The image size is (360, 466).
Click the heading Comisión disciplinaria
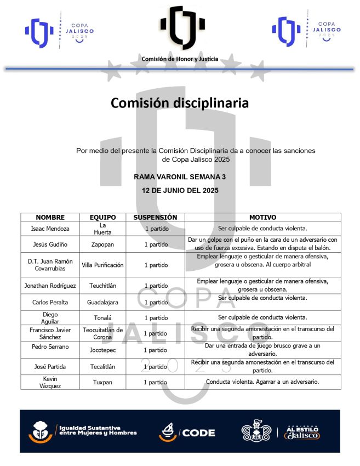coord(180,103)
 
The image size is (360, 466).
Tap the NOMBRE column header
coord(50,217)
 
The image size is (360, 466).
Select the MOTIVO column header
coord(262,217)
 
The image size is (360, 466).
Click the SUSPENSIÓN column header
coord(155,217)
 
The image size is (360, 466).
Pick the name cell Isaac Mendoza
coord(50,229)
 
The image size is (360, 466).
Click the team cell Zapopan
coord(102,244)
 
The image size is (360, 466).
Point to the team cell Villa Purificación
coord(102,265)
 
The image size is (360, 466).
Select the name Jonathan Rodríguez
coord(50,286)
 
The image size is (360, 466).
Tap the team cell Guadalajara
coord(102,302)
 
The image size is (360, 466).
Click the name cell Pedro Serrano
coord(50,346)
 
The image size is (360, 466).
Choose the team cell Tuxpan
coord(102,382)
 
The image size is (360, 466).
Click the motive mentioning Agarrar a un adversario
coord(262,382)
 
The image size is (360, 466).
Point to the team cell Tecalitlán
coord(102,366)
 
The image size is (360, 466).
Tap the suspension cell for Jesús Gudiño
coord(156,244)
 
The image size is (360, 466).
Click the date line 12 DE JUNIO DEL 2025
coord(180,191)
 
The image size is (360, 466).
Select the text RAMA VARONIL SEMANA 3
coord(180,177)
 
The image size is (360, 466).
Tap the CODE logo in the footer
coord(187,433)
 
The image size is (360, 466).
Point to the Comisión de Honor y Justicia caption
coord(180,59)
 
